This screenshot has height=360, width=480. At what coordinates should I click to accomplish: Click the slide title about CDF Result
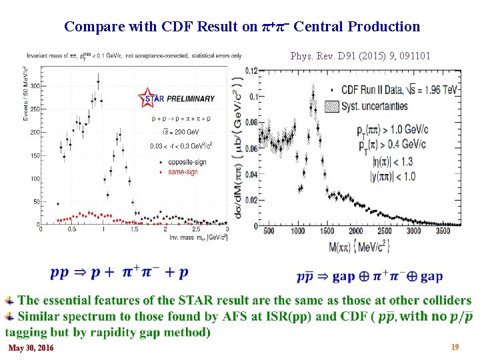click(242, 27)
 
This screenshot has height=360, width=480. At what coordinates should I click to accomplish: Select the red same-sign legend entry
click(179, 172)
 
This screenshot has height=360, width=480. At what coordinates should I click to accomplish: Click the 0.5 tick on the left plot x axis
click(72, 229)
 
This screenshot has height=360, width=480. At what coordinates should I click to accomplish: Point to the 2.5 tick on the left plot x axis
click(196, 229)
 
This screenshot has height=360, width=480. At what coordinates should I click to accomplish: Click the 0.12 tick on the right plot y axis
click(251, 71)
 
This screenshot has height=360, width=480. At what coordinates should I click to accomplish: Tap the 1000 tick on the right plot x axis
click(299, 231)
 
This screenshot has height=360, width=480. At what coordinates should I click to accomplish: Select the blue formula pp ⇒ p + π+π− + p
click(119, 272)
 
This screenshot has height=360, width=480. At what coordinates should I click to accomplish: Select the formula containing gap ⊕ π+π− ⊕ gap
click(369, 276)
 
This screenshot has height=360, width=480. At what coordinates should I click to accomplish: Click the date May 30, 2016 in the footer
click(31, 348)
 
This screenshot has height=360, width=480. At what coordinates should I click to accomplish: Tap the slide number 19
click(455, 347)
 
